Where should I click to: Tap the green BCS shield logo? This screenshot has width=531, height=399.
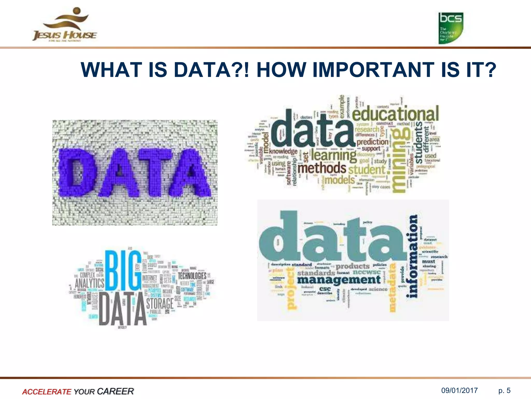click(451, 28)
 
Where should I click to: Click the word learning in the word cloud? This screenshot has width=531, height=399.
click(334, 155)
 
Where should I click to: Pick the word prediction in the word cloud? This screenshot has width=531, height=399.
click(372, 142)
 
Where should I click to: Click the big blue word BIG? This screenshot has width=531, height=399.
click(123, 270)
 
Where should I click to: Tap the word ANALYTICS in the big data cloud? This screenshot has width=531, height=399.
click(89, 283)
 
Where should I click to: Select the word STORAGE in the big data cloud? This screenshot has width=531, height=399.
click(160, 303)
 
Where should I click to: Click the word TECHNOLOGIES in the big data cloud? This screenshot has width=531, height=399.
click(192, 276)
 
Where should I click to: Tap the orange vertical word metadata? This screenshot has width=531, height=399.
click(393, 287)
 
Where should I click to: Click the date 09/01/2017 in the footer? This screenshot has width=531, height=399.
click(459, 391)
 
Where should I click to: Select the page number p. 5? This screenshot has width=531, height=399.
click(504, 391)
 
